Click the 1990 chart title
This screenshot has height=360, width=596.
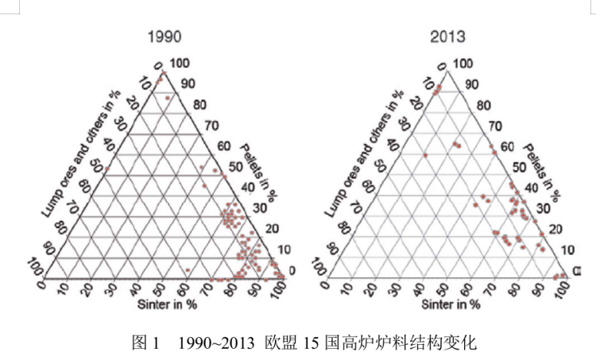pos(164,37)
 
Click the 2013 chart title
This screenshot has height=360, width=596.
pos(447,37)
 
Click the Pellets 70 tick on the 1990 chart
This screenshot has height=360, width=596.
pos(211,125)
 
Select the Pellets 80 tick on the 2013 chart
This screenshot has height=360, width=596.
pos(484,105)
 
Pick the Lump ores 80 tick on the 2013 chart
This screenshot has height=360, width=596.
pos(343,228)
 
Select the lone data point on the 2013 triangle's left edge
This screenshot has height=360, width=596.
pos(425,156)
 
